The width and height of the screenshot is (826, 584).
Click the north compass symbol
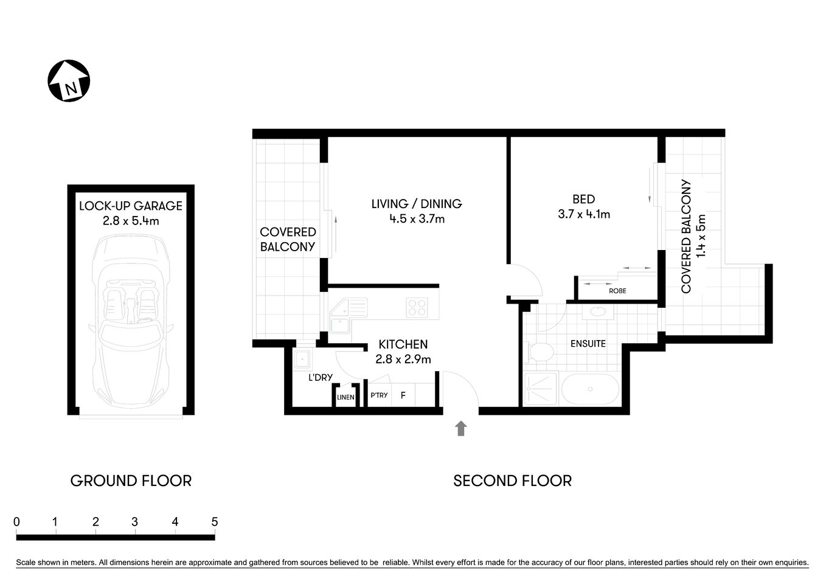(x=69, y=81)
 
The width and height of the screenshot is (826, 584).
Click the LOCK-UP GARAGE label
(x=131, y=206)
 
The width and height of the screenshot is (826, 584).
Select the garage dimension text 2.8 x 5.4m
(x=131, y=221)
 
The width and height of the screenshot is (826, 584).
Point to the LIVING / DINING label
(x=417, y=204)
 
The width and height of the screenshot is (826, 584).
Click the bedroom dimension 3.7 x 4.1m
(x=583, y=214)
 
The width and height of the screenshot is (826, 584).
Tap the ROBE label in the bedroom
(x=617, y=291)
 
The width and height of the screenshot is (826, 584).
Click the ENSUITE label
(x=588, y=344)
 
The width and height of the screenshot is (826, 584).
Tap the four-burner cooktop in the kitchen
(x=417, y=308)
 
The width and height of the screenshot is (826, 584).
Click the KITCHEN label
(x=403, y=344)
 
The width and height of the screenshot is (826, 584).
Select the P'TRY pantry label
(x=379, y=395)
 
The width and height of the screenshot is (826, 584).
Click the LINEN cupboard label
(x=345, y=397)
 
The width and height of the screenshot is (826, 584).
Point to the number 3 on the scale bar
(x=134, y=522)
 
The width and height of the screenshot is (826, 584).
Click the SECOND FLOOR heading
(x=512, y=481)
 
